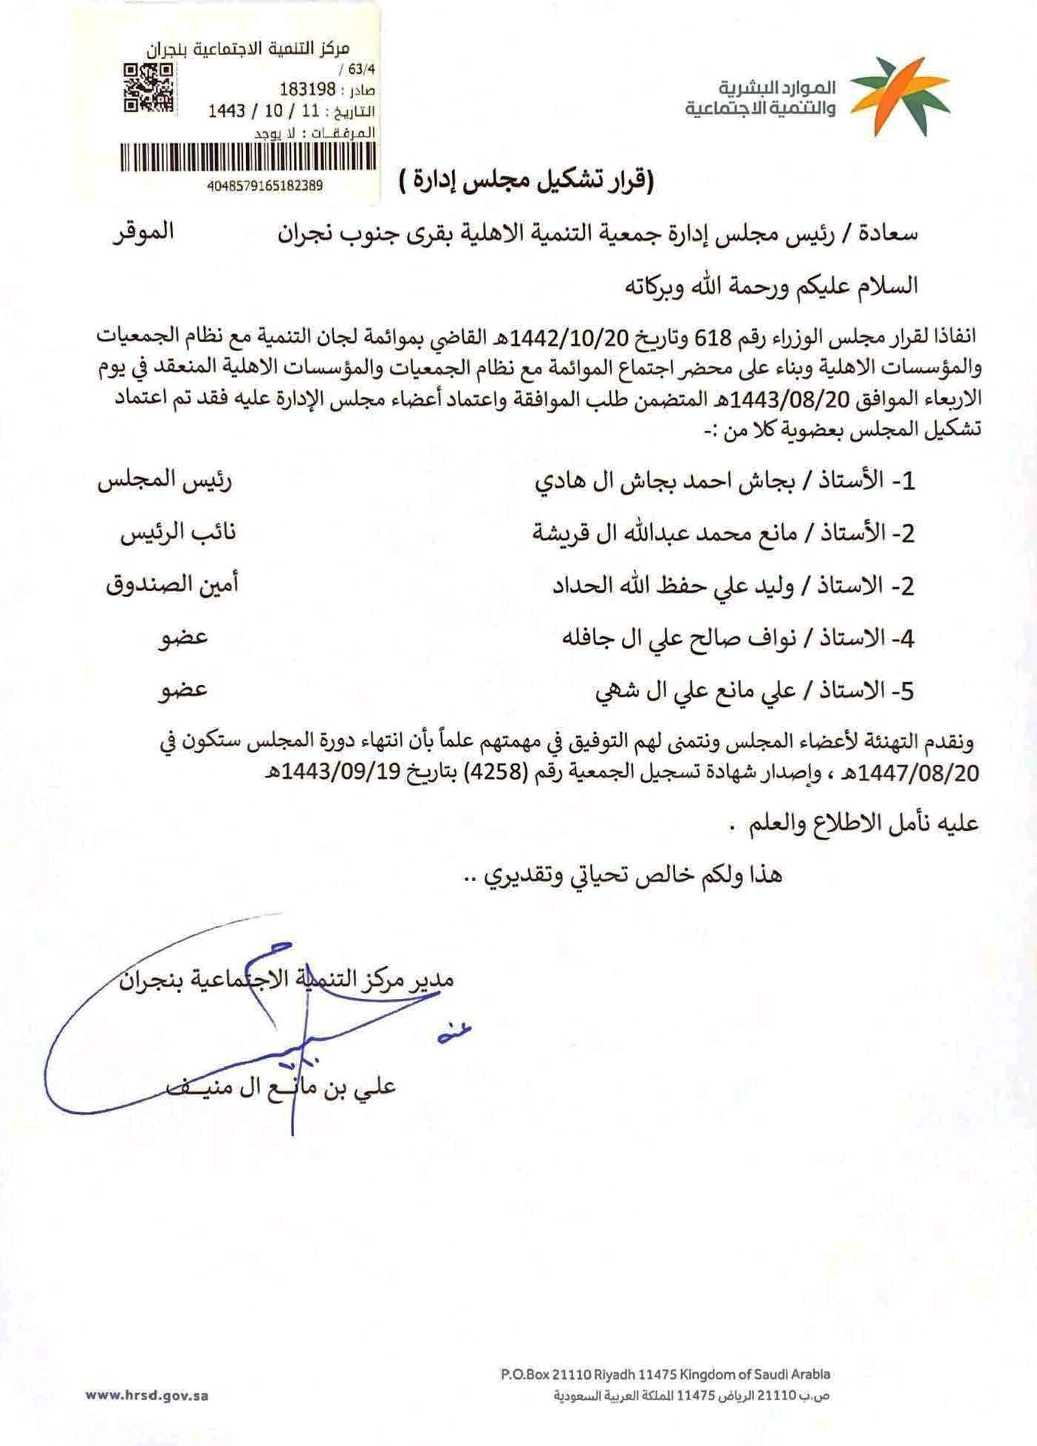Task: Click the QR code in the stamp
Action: [x=148, y=88]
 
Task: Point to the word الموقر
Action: [x=143, y=231]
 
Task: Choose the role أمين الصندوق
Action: [x=172, y=585]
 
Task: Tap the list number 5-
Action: [x=903, y=691]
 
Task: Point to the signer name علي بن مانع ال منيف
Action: [x=281, y=1086]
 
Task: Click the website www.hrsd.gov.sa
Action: [x=147, y=1396]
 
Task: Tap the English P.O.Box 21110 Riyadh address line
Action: [x=665, y=1374]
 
